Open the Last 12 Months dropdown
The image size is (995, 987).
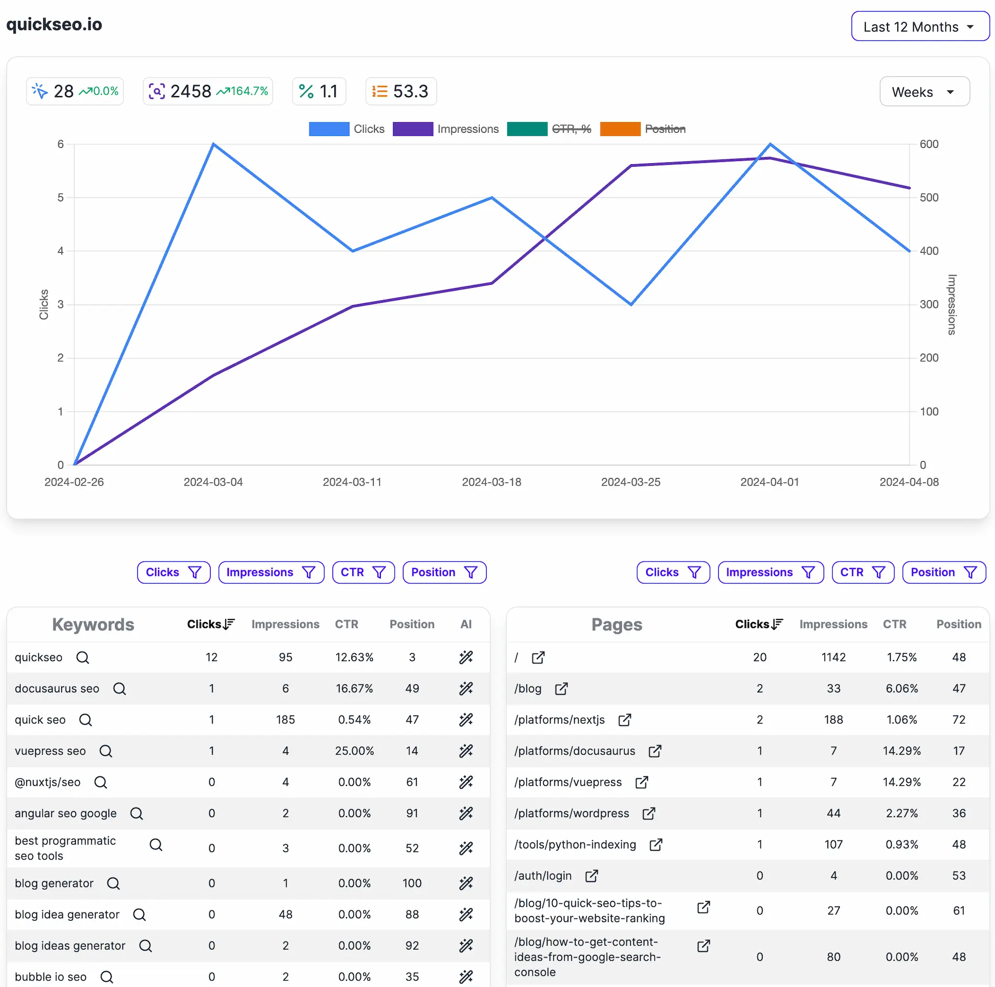[x=919, y=26]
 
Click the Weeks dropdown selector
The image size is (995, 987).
[x=924, y=92]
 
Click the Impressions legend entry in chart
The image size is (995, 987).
[x=446, y=129]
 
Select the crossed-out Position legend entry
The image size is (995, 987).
[x=643, y=129]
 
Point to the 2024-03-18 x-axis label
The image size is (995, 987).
[x=491, y=482]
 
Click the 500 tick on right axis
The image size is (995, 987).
[x=928, y=197]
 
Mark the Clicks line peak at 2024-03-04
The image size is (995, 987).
[x=213, y=144]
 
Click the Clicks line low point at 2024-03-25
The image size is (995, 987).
[x=631, y=304]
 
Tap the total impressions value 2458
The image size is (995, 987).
[x=190, y=91]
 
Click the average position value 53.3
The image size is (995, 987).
[x=411, y=91]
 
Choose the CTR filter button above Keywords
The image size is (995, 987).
[x=363, y=572]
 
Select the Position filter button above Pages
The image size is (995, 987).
[x=944, y=572]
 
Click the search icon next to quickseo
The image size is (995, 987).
[x=83, y=658]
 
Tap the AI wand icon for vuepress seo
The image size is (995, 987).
[x=465, y=751]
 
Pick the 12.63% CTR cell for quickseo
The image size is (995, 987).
[x=354, y=658]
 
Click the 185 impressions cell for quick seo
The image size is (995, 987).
[x=285, y=720]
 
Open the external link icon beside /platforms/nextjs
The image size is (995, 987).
[x=624, y=720]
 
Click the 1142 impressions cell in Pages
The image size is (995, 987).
[x=833, y=658]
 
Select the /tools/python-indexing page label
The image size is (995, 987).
[x=575, y=844]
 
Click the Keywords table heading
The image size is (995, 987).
[x=93, y=624]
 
